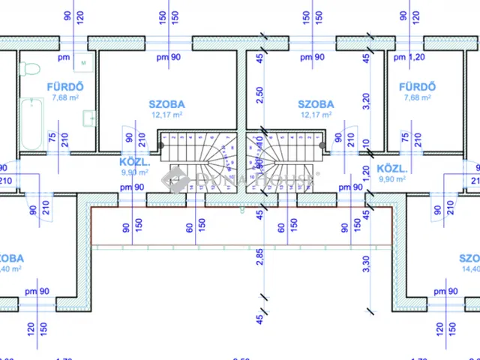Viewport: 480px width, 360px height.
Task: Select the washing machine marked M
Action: [83, 62]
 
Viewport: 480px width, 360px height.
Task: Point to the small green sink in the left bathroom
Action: [90, 117]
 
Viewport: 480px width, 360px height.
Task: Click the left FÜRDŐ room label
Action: [64, 86]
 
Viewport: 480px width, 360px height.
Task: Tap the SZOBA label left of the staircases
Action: [168, 104]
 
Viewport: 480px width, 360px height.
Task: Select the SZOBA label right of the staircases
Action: [316, 104]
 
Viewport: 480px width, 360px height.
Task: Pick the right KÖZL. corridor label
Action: [391, 168]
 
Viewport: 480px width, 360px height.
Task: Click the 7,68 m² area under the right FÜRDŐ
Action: [418, 97]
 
